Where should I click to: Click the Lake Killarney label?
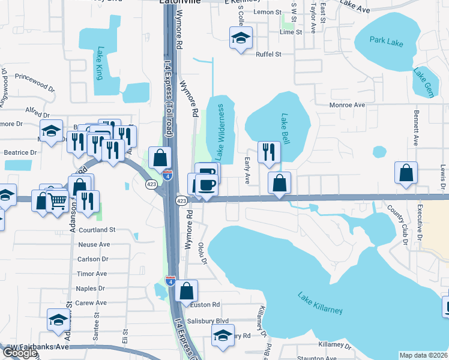[321, 302]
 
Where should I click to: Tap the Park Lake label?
[385, 41]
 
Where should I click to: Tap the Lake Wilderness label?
[220, 132]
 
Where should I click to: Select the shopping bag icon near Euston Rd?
[187, 291]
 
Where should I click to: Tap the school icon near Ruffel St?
[240, 39]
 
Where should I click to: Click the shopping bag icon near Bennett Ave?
[406, 172]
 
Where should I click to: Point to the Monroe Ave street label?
[348, 105]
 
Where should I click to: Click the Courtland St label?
[96, 230]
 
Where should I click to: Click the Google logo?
[19, 353]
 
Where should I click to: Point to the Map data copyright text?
[423, 355]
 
